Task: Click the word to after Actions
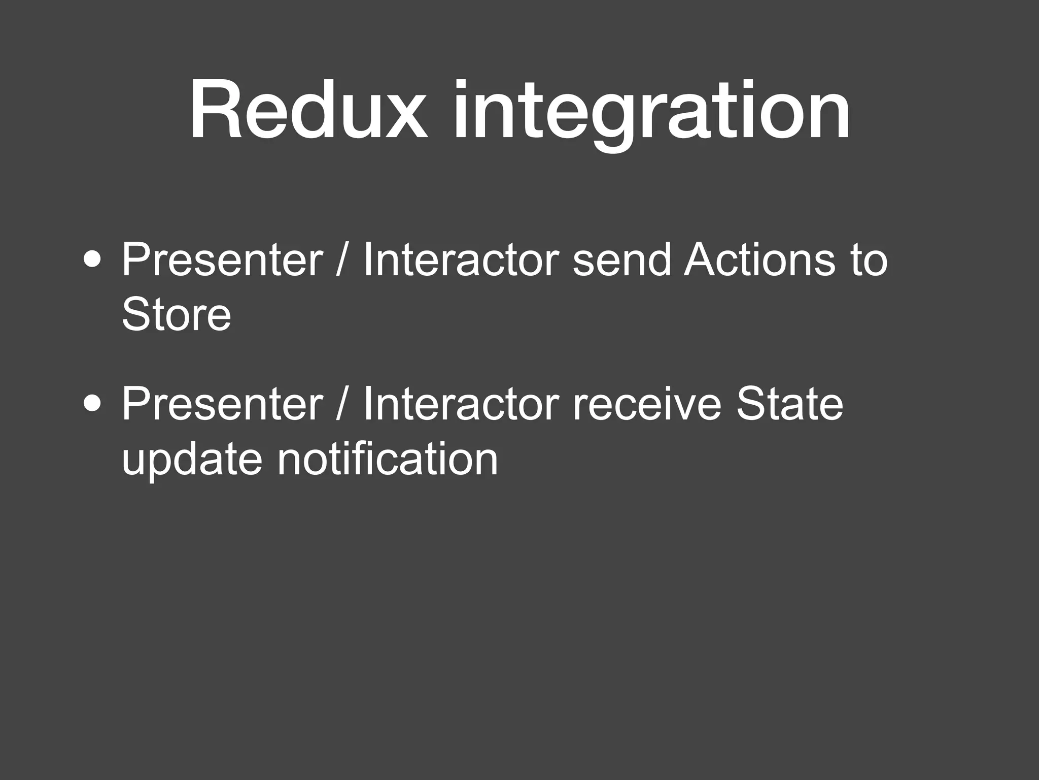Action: (869, 261)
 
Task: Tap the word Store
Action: (176, 314)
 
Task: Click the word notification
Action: (388, 459)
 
